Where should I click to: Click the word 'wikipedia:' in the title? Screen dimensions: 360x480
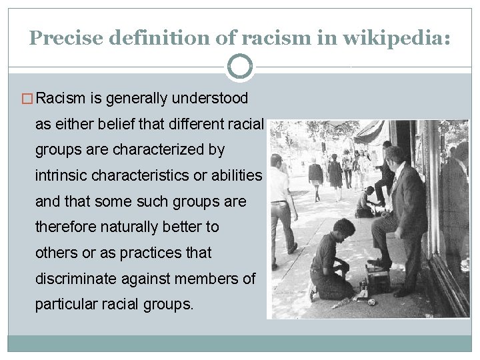[x=397, y=38]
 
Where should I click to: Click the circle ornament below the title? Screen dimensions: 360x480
[x=240, y=67]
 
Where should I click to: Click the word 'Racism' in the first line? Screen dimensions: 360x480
[x=61, y=99]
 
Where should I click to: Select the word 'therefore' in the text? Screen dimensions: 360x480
[x=65, y=227]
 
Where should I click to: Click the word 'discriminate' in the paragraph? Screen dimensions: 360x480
[x=81, y=279]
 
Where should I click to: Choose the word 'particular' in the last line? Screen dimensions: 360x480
[x=67, y=305]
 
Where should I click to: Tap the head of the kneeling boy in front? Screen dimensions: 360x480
[x=345, y=229]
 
